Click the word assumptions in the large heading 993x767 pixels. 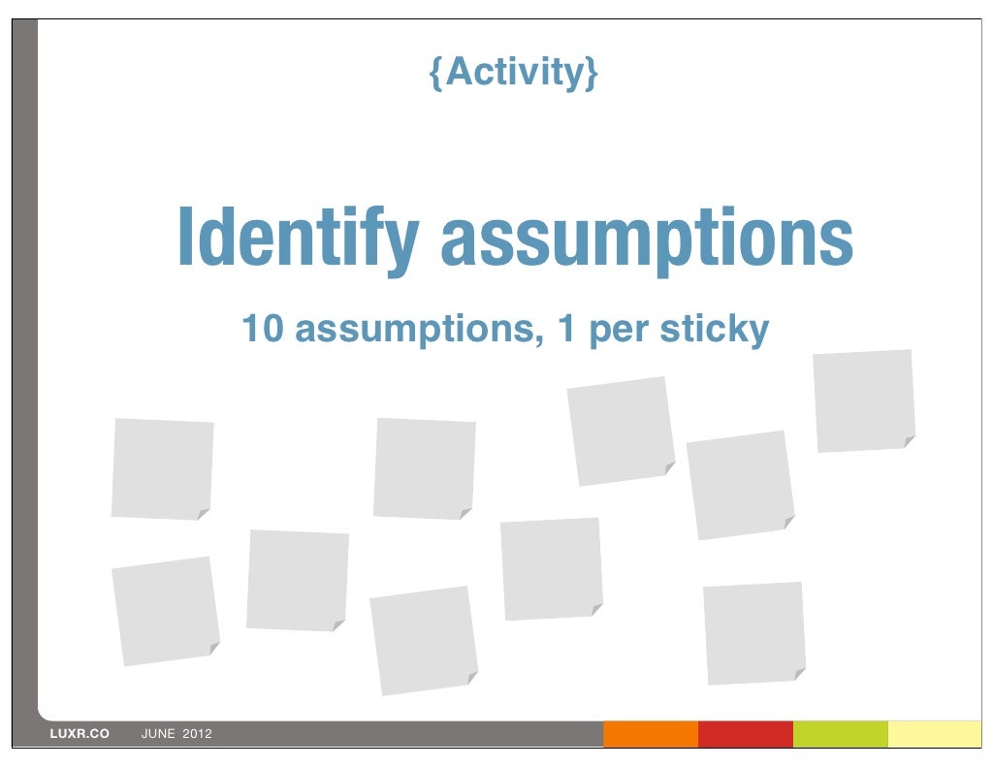point(646,240)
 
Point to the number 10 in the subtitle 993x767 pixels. point(262,329)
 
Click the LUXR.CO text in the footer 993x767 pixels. point(80,734)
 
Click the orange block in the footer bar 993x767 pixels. point(651,734)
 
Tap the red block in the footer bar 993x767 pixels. point(745,734)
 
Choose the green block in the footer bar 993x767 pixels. point(840,734)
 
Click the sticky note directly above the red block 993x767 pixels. point(753,632)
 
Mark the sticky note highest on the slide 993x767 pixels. point(863,400)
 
